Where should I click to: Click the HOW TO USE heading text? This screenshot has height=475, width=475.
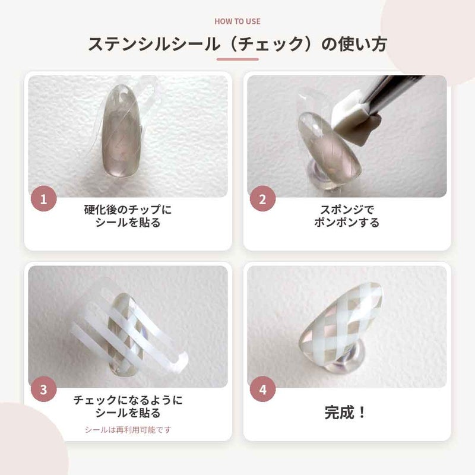tap(237, 21)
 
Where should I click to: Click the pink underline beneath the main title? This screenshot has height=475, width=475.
tap(237, 59)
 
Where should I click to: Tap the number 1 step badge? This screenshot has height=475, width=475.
tap(43, 199)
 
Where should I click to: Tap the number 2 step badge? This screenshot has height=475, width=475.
tap(262, 199)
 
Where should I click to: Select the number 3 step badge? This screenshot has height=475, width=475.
tap(43, 389)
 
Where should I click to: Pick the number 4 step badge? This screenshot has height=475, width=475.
tap(262, 389)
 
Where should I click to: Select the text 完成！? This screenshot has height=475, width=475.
tap(345, 413)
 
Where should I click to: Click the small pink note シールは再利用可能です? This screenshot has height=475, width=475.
tap(128, 429)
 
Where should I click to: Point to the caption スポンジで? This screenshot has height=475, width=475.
tap(347, 210)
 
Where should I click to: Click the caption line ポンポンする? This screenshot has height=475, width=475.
tap(347, 222)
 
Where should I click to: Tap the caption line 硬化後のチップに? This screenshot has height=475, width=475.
tap(128, 210)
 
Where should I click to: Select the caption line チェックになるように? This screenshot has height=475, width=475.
tap(128, 400)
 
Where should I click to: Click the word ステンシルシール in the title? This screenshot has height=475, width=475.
tap(154, 44)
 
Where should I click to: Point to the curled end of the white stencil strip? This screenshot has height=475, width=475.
tap(181, 362)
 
